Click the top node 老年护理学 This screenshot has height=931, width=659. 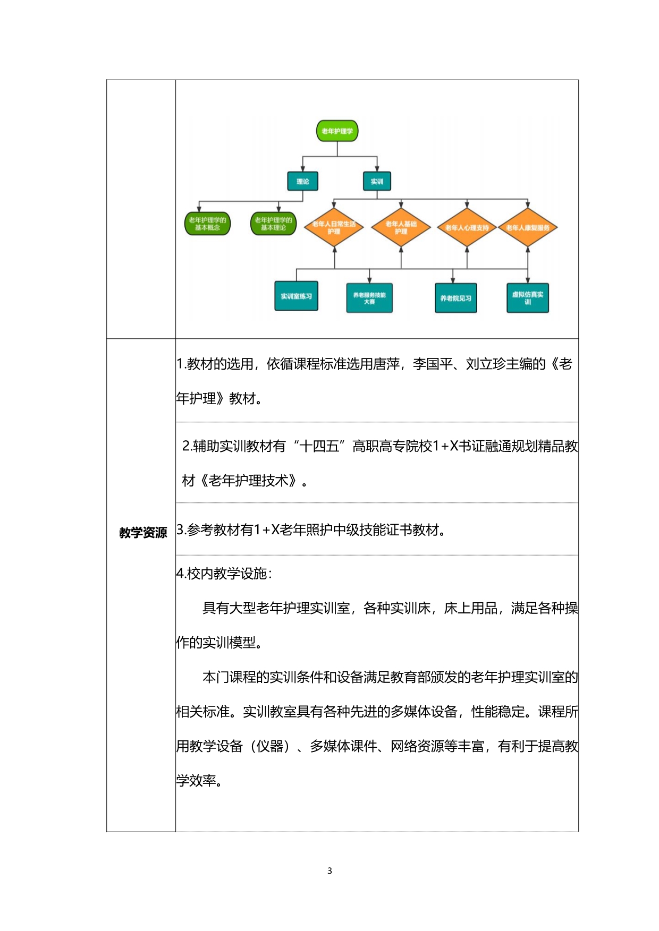tap(337, 131)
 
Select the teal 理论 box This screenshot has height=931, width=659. tap(302, 181)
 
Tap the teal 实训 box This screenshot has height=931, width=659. tap(377, 181)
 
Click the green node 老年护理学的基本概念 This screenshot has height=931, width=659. tap(207, 224)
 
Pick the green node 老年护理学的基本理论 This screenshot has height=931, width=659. tap(273, 224)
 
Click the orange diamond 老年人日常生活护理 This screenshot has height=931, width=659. tap(334, 228)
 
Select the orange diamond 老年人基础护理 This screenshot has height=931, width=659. tap(401, 228)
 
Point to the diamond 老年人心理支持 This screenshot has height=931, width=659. tap(467, 228)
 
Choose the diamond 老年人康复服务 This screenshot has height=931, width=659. tap(528, 228)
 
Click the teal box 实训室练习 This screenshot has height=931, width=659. tap(296, 296)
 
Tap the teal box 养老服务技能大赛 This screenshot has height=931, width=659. tap(369, 298)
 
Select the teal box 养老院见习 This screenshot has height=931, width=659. tap(455, 298)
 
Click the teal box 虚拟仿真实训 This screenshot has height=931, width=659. tap(528, 298)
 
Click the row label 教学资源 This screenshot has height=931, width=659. tap(143, 533)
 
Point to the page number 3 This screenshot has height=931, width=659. tap(329, 870)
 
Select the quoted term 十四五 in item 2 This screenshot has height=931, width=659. tap(319, 446)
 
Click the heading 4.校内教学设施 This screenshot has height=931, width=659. tap(224, 574)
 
